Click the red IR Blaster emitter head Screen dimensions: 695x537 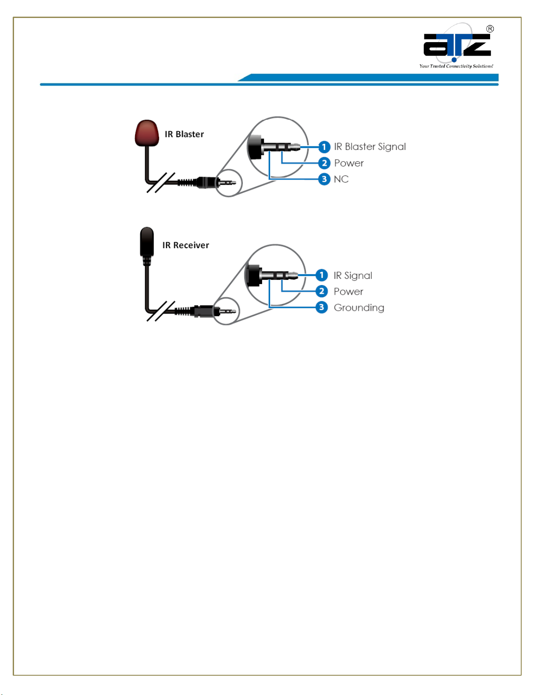coord(146,132)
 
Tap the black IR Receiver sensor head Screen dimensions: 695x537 coord(147,241)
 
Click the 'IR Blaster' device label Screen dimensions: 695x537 coord(184,134)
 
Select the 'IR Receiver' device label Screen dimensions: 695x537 coord(185,245)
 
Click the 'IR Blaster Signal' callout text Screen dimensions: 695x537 coord(370,146)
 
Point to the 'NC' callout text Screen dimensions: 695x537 coord(341,179)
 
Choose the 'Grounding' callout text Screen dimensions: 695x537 coord(359,307)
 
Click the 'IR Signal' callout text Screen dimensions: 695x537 coord(352,275)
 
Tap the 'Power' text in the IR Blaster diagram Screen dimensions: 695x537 coord(349,163)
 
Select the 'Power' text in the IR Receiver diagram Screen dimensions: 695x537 coord(348,292)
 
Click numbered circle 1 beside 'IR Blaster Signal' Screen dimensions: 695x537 coord(324,147)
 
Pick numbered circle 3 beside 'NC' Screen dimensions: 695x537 coord(324,179)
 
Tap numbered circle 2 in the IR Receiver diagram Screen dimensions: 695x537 coord(321,291)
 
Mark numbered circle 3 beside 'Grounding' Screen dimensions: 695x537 coord(321,307)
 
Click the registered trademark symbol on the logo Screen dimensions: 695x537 coord(490,29)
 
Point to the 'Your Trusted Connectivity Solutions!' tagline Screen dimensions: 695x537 coord(456,66)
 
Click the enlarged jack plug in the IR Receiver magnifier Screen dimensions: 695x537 coord(270,275)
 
